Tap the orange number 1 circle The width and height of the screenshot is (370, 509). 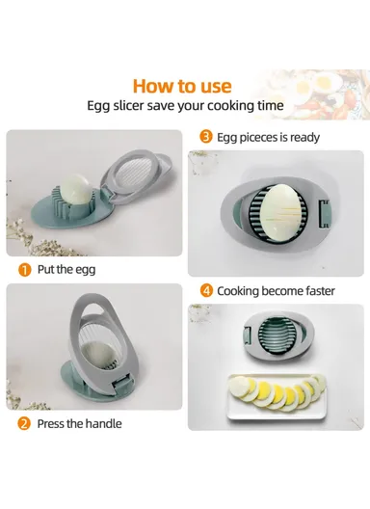click(23, 270)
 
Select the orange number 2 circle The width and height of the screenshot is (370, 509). click(23, 423)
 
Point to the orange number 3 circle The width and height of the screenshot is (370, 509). click(204, 137)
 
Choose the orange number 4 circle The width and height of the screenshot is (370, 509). click(205, 289)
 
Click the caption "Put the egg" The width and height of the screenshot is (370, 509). click(66, 270)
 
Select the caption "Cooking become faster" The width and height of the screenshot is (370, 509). click(275, 290)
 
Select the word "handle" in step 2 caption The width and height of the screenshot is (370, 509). click(101, 423)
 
